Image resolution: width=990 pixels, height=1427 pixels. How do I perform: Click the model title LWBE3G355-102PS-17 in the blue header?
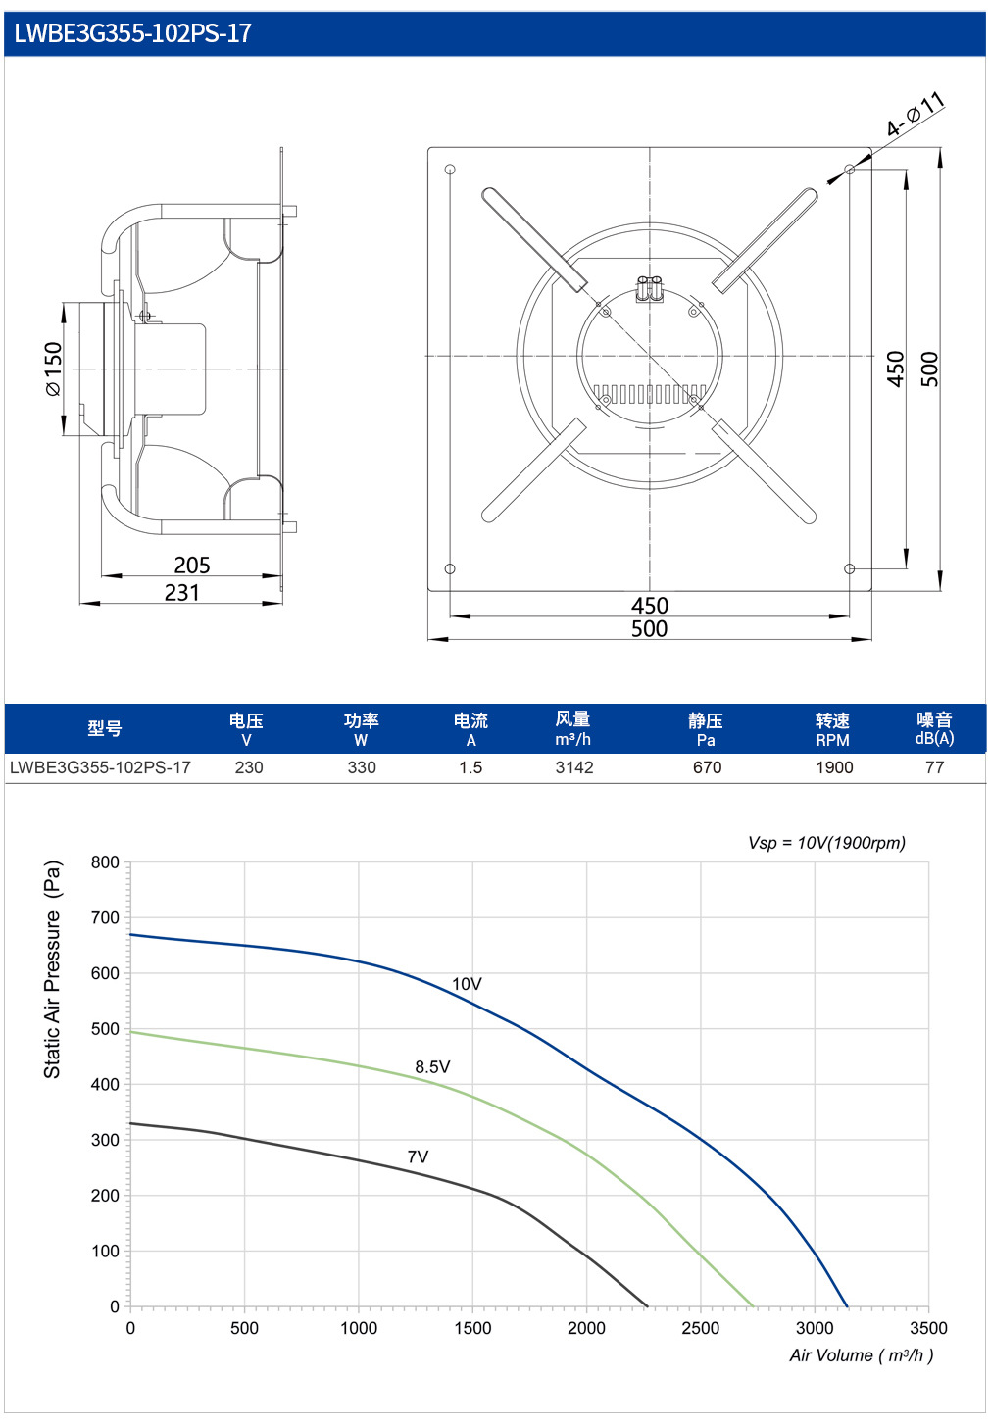(x=132, y=33)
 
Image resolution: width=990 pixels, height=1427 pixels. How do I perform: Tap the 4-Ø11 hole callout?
(x=916, y=114)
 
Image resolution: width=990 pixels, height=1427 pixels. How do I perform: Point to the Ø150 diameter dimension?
(x=54, y=369)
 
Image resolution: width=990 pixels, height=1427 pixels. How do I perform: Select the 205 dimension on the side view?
(x=192, y=565)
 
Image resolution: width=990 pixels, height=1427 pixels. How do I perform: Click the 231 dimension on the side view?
(x=182, y=592)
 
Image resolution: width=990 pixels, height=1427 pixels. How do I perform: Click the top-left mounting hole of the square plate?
(x=450, y=169)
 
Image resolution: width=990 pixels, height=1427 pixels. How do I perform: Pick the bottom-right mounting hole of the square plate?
(x=849, y=568)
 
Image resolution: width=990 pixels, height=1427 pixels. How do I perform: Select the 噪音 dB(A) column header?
(x=934, y=728)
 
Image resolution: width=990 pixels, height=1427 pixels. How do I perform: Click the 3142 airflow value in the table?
(x=574, y=767)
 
